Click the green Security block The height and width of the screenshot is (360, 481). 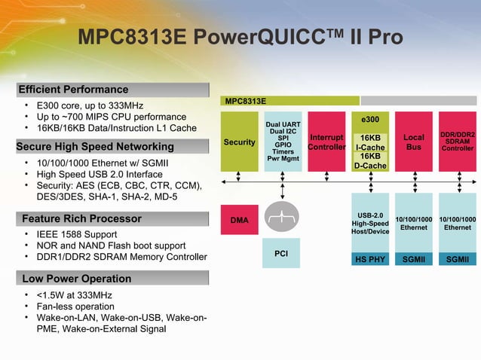(x=239, y=142)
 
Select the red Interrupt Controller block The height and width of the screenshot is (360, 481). (x=326, y=142)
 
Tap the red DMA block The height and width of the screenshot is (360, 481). (x=239, y=219)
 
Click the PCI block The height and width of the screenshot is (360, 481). (x=281, y=254)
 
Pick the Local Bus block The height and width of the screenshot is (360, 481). (x=414, y=142)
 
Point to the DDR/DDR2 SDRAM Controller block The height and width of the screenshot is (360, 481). (x=457, y=142)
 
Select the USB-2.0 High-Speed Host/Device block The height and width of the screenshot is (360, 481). (x=370, y=223)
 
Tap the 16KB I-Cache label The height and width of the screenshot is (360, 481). (x=370, y=143)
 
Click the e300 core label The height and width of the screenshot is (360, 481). (x=370, y=120)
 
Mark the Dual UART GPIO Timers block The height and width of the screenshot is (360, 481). (x=283, y=142)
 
